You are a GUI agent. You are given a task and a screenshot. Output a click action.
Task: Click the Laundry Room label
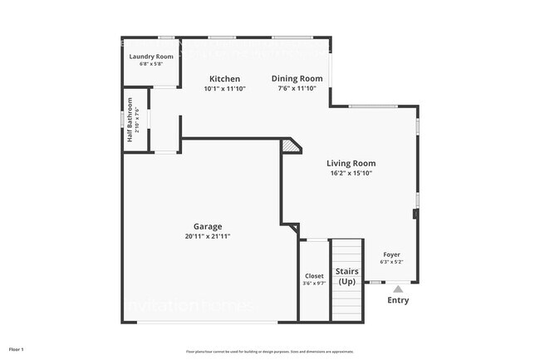tap(151, 57)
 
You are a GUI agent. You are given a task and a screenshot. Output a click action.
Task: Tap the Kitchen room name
tap(224, 79)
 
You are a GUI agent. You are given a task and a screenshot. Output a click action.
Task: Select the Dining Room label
tap(297, 79)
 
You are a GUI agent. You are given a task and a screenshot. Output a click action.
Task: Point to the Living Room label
tap(351, 164)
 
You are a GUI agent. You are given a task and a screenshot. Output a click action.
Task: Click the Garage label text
tap(208, 226)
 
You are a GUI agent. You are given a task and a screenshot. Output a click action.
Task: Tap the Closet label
tap(314, 276)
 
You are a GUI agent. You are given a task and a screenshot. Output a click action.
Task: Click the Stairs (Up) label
tap(347, 276)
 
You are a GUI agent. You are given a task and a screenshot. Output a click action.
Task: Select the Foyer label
tap(390, 254)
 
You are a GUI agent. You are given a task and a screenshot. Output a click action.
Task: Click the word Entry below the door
tap(398, 300)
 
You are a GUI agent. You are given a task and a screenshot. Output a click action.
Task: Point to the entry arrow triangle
tap(398, 288)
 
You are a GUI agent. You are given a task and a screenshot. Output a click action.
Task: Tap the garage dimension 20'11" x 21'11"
tap(208, 236)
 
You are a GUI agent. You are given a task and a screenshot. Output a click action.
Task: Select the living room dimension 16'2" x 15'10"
tap(351, 174)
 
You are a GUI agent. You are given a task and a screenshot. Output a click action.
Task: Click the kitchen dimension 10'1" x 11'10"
tap(224, 88)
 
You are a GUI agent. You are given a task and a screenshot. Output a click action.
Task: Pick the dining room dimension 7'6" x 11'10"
tap(297, 88)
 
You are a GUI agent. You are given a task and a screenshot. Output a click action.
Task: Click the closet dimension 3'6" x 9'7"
tap(314, 284)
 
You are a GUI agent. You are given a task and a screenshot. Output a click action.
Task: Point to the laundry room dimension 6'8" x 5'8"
tap(151, 64)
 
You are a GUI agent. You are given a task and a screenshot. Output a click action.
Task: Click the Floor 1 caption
tap(17, 349)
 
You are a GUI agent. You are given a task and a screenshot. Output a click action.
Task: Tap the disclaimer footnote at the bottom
tap(269, 352)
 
